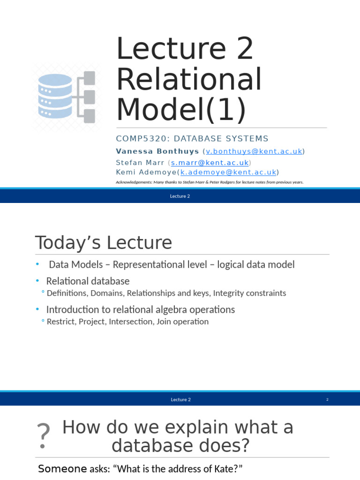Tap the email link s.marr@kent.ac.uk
[x=210, y=162]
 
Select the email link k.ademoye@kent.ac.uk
[x=228, y=172]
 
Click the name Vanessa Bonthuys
[x=157, y=151]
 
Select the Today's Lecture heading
[x=104, y=243]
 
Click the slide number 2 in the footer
[x=327, y=399]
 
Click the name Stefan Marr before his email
[x=140, y=162]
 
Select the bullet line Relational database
[x=88, y=281]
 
